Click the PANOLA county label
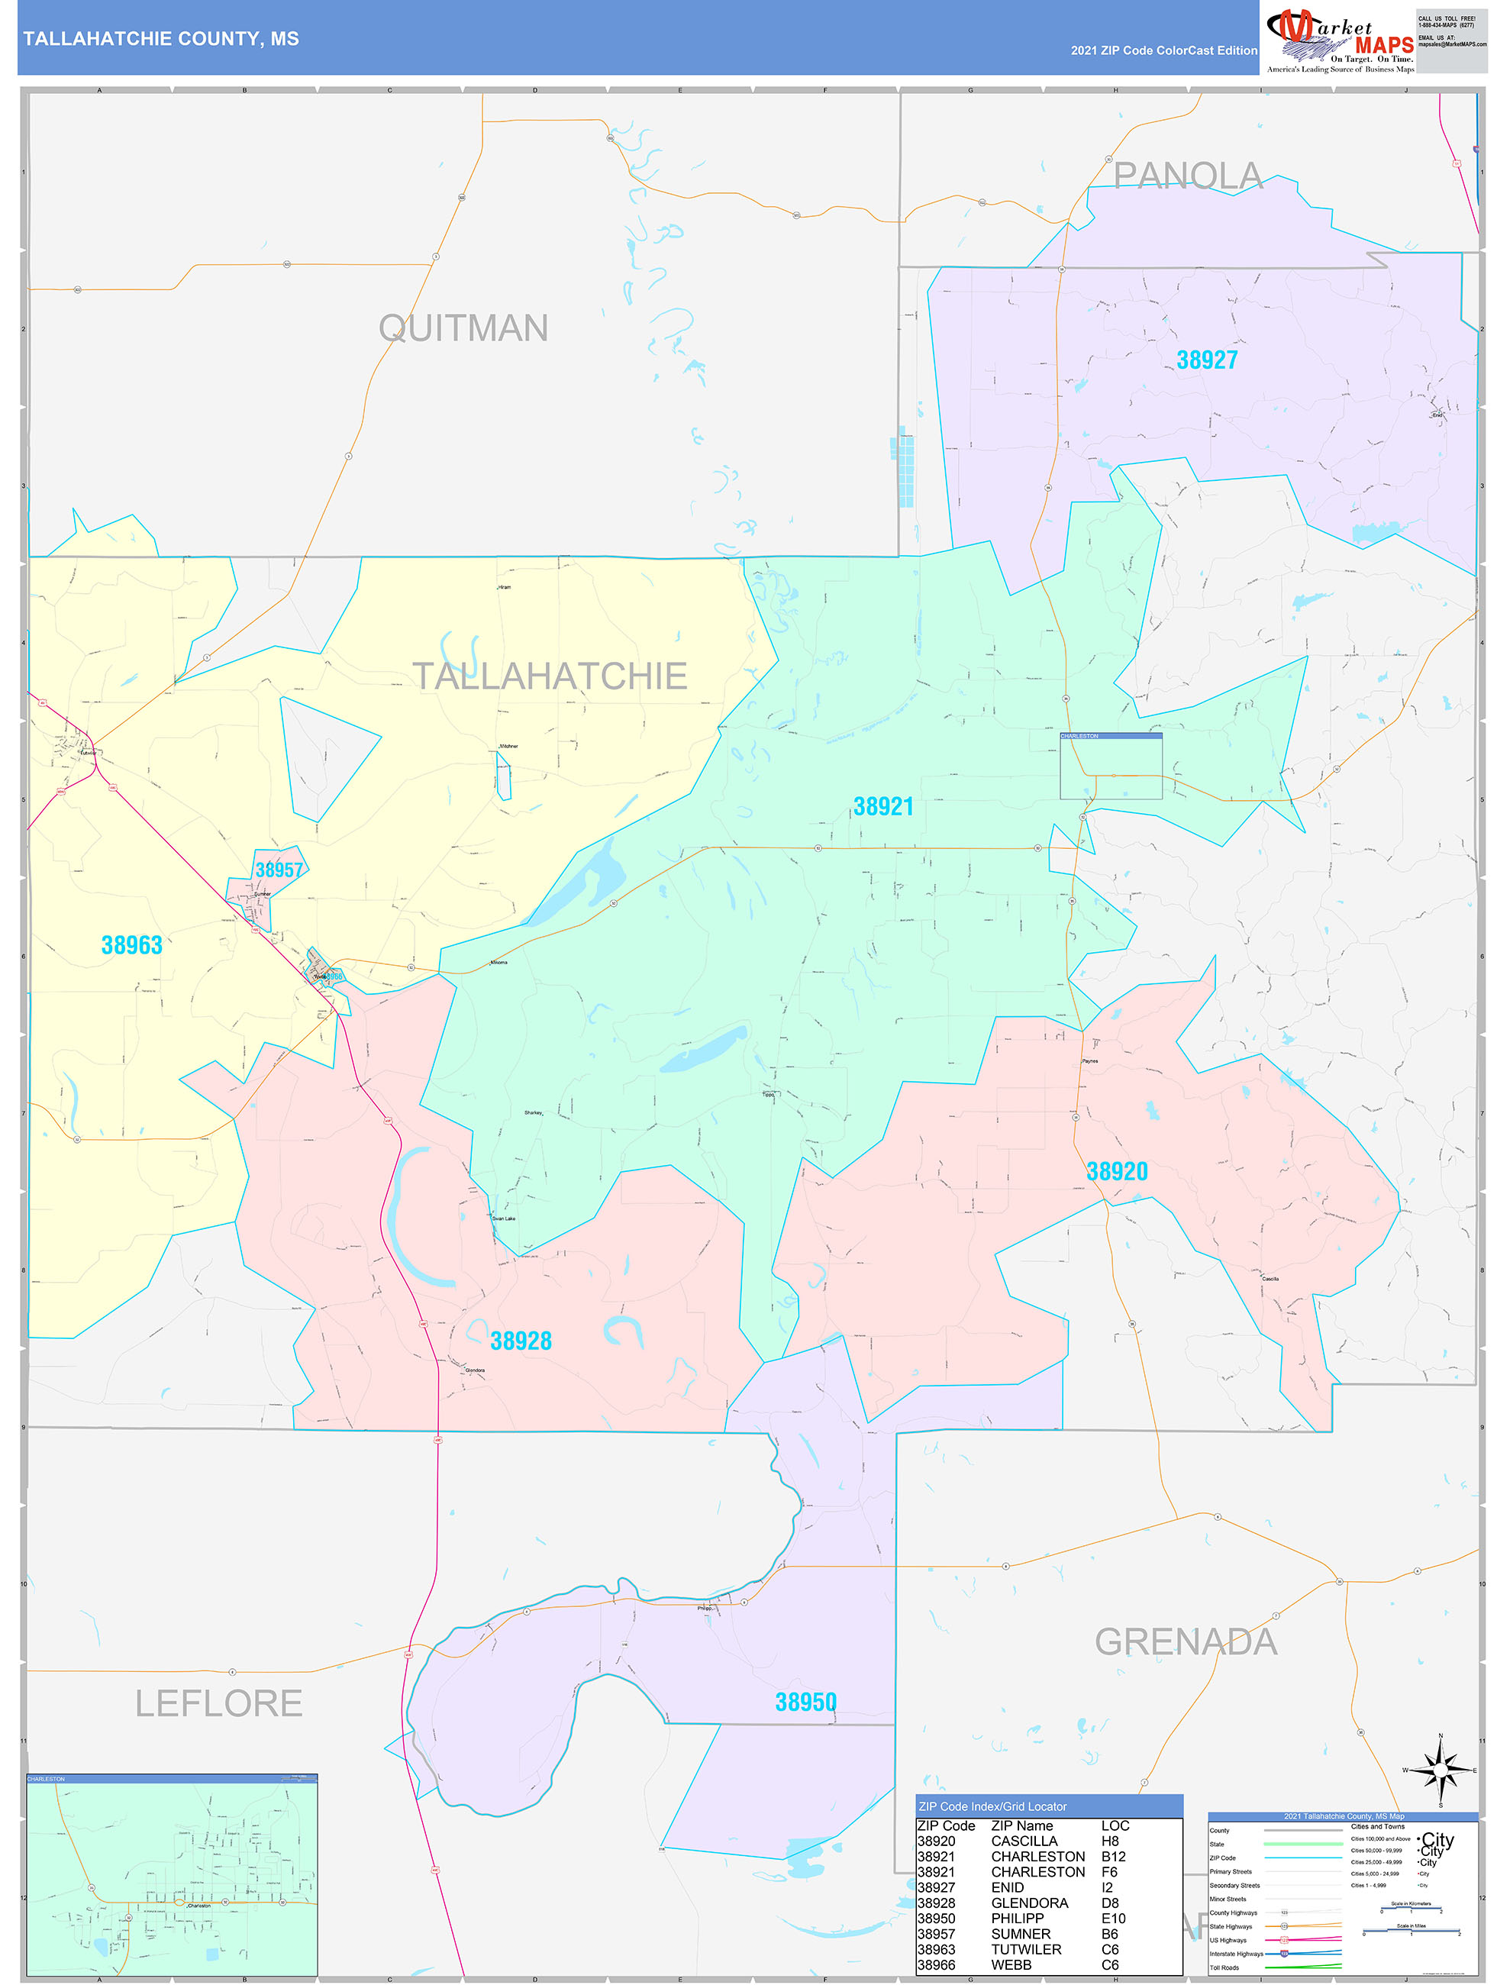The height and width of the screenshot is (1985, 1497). [x=1189, y=176]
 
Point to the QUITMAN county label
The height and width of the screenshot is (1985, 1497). [x=463, y=328]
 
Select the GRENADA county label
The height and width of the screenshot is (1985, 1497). [x=1186, y=1641]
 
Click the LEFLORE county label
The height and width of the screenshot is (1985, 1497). [x=218, y=1703]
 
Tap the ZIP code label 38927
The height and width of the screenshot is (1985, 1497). [x=1206, y=360]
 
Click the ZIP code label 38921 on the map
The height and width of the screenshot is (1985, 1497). [x=883, y=806]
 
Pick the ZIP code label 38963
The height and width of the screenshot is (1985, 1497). [x=131, y=945]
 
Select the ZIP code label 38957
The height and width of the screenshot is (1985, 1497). [x=279, y=869]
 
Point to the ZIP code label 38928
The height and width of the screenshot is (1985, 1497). [x=521, y=1341]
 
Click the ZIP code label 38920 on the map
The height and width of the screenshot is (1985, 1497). [x=1117, y=1171]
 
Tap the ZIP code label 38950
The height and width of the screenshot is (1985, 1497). [x=805, y=1702]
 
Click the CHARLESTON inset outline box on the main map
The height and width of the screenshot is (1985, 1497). [x=1111, y=767]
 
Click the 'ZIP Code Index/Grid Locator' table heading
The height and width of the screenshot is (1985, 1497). [x=992, y=1806]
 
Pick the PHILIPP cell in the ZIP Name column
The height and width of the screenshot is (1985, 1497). [x=1018, y=1918]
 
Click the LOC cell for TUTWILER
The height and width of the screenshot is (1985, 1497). [x=1110, y=1949]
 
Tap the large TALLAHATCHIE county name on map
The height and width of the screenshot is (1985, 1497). [x=550, y=676]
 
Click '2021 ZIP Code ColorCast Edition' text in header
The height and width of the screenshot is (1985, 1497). [x=1163, y=50]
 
